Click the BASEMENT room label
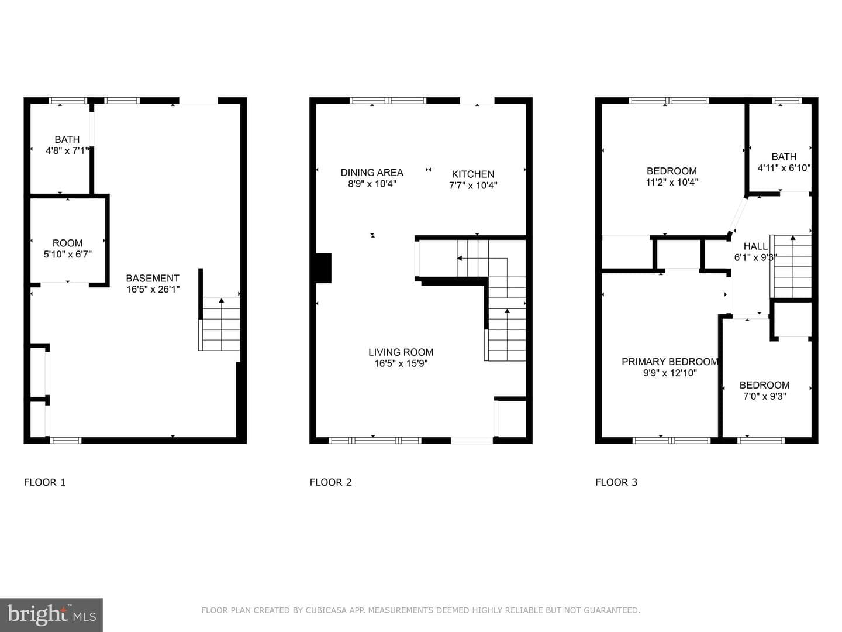coord(153,278)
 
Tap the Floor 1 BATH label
coord(67,139)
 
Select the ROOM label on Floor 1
coord(67,243)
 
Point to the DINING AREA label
coord(372,173)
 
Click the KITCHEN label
coord(473,174)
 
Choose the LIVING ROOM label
coord(401,352)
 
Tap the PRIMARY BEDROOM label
coord(670,362)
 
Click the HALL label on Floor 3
coord(755,246)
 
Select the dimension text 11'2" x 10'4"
coord(672,182)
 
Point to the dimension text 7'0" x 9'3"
coord(764,396)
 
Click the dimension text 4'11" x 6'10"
coord(784,168)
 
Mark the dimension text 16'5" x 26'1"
coord(153,289)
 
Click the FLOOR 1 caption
coord(45,482)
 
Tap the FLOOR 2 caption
coord(331,482)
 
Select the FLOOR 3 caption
coord(616,482)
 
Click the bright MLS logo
coord(51,614)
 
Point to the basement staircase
coord(219,324)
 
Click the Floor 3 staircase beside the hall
coord(791,266)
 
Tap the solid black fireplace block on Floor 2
coord(323,268)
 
